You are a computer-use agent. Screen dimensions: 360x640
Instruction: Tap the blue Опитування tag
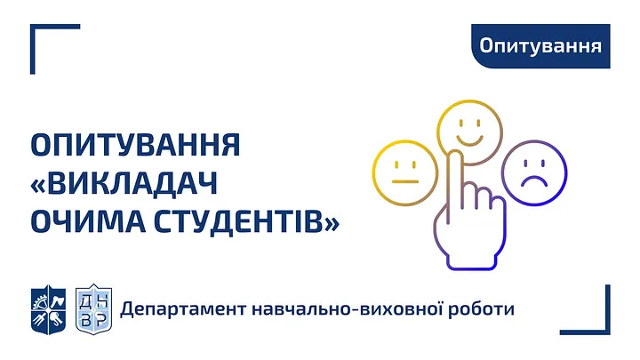(x=540, y=44)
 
